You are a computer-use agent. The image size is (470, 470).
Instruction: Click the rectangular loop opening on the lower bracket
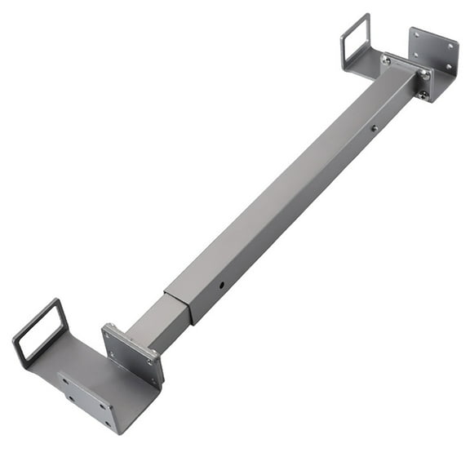(40, 330)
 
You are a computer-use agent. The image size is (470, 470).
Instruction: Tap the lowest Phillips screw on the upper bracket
(422, 95)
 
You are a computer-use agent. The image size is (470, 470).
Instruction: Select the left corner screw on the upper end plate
(386, 60)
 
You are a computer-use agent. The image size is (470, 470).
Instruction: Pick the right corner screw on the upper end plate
(424, 75)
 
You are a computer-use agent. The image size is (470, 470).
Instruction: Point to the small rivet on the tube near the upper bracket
(374, 127)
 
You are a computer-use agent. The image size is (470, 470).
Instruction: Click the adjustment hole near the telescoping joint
(221, 286)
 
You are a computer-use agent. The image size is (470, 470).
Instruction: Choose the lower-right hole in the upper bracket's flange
(447, 69)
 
